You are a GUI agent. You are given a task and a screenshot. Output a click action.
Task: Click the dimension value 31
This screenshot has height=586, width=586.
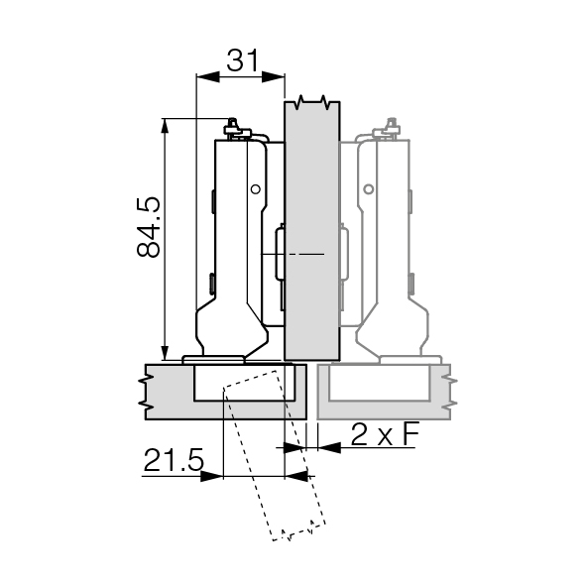(243, 60)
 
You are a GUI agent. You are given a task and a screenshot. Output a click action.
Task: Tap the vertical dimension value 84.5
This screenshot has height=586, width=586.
(149, 227)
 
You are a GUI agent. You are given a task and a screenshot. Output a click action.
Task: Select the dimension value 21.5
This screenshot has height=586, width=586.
(174, 460)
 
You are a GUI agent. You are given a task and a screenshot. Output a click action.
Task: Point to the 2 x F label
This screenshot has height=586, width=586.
(385, 434)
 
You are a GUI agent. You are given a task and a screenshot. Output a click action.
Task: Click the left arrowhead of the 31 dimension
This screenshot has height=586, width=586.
(208, 77)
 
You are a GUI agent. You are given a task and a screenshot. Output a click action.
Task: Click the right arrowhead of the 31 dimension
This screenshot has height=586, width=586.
(274, 77)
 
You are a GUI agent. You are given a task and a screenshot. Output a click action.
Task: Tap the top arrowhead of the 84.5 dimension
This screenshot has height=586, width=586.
(165, 126)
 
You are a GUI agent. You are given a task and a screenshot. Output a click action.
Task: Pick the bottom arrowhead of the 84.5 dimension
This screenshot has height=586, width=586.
(165, 353)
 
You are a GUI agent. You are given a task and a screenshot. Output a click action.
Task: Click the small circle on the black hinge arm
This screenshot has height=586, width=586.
(256, 189)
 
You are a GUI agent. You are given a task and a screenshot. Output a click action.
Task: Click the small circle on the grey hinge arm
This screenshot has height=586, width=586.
(369, 189)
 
